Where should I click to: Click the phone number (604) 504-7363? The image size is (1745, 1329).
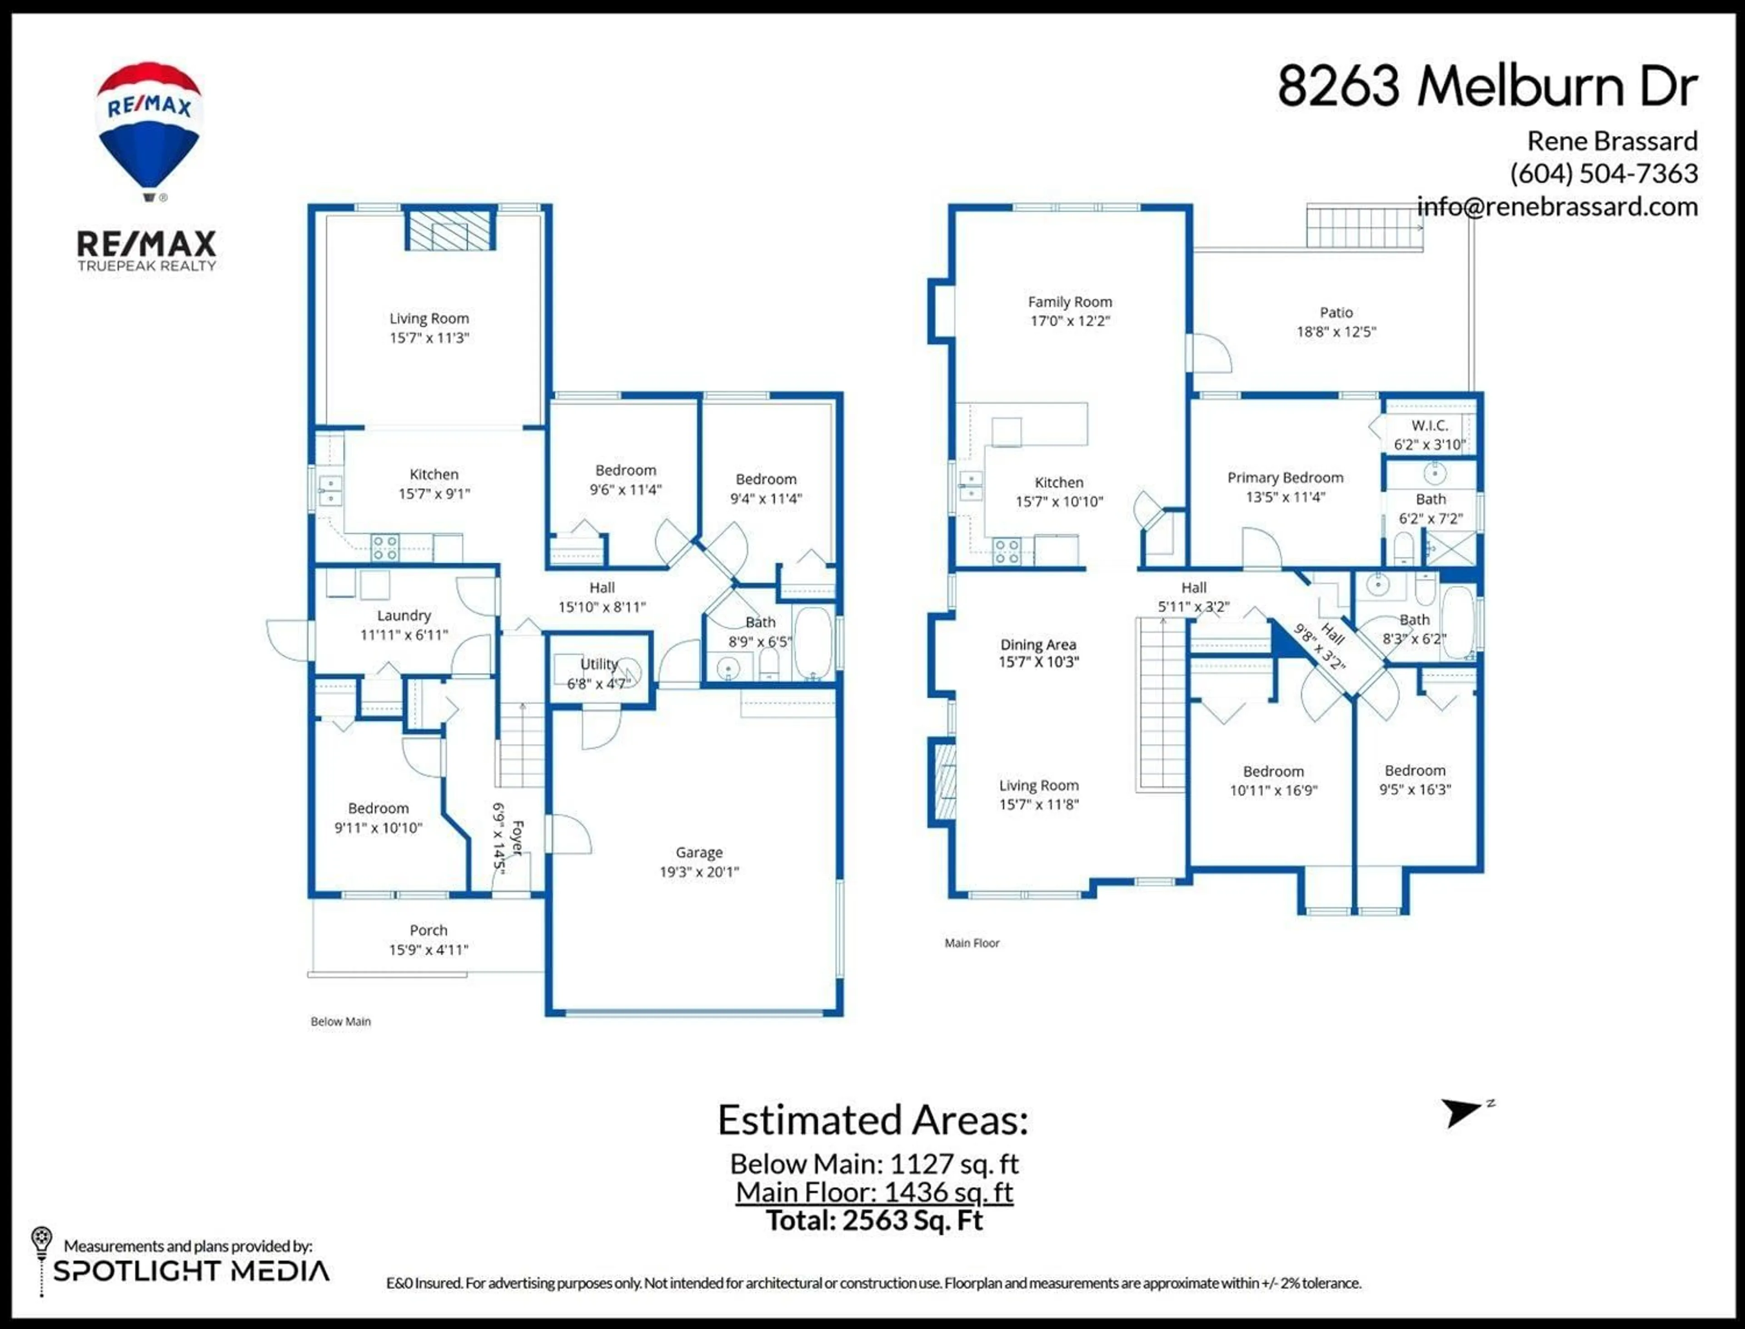(x=1603, y=173)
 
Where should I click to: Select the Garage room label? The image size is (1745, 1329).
(x=699, y=852)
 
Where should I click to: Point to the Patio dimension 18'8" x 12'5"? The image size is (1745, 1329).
(x=1336, y=332)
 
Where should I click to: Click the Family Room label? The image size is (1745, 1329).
(x=1069, y=302)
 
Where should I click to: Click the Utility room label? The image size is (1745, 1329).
(x=598, y=664)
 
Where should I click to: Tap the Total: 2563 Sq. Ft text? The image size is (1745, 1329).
(x=874, y=1220)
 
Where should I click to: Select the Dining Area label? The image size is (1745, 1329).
(x=1037, y=645)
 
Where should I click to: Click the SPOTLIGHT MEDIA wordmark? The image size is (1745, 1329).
(x=191, y=1271)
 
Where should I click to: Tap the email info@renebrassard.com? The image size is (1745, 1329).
(x=1557, y=207)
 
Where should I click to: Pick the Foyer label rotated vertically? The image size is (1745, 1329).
(x=517, y=837)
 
